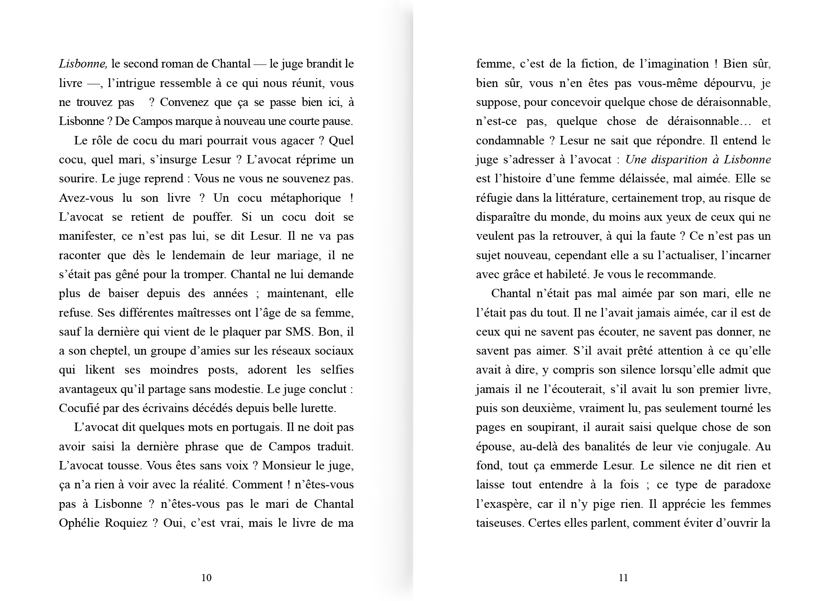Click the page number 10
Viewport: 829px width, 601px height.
coord(206,578)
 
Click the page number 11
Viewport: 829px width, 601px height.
coord(623,578)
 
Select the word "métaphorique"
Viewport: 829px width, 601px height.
coord(303,198)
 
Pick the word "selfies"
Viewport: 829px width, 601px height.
coord(337,370)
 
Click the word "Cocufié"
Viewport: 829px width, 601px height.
coord(78,408)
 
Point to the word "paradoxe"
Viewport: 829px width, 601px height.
coord(747,485)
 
